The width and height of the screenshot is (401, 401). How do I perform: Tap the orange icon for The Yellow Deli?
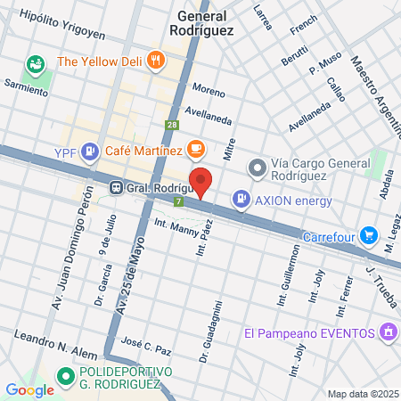[x=157, y=61]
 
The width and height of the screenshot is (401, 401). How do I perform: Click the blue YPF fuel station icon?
[x=89, y=152]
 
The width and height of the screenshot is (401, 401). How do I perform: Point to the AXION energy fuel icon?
[x=240, y=200]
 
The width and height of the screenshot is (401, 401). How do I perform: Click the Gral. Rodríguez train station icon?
[x=116, y=188]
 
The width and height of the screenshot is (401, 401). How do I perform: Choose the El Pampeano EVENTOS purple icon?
[x=387, y=333]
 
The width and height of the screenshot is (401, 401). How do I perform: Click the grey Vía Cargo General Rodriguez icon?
[x=257, y=168]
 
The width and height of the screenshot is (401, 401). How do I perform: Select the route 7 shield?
[x=179, y=202]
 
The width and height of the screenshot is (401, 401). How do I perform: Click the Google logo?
[x=29, y=389]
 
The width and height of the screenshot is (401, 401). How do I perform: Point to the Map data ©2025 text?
[x=362, y=394]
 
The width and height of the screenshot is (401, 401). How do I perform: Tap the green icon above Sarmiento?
[x=36, y=65]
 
